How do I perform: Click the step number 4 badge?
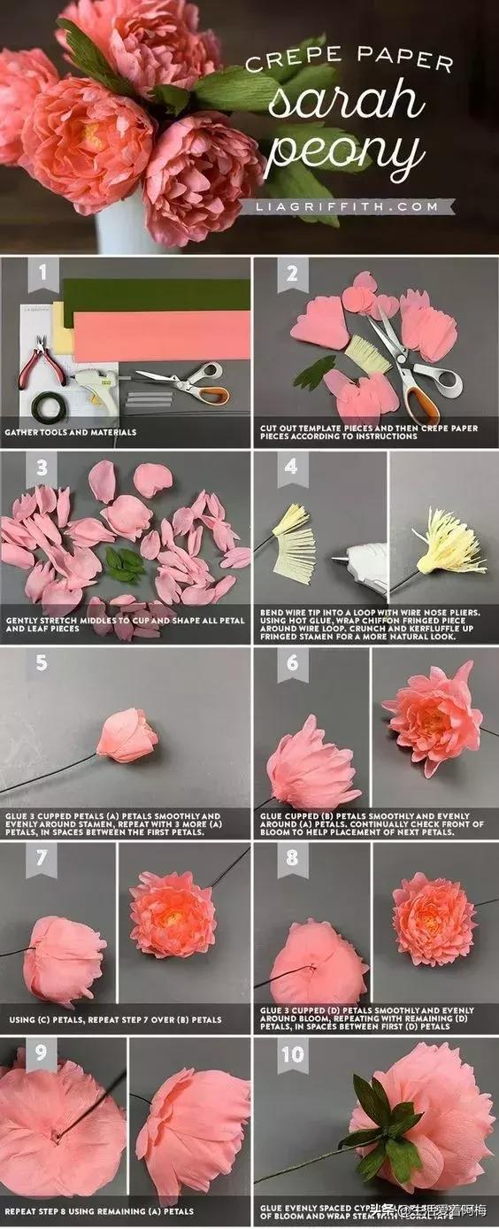pos(291,467)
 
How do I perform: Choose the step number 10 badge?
pos(293,1055)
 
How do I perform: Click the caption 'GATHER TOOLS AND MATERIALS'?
pos(71,433)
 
